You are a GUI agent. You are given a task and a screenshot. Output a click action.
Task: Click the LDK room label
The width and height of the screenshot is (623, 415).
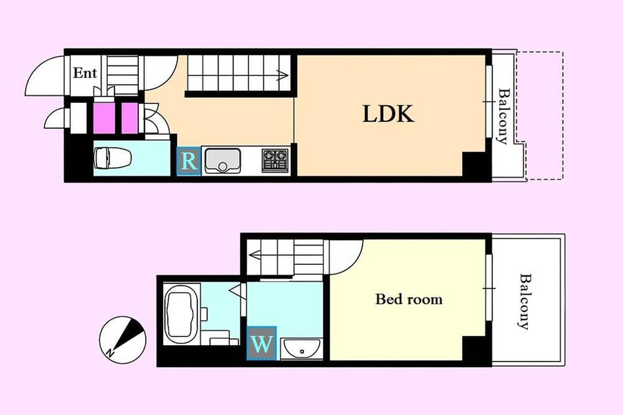pyautogui.click(x=388, y=113)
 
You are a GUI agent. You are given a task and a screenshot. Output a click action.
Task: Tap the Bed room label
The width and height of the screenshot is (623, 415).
pyautogui.click(x=409, y=299)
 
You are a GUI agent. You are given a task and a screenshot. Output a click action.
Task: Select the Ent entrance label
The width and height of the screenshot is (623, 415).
pyautogui.click(x=85, y=73)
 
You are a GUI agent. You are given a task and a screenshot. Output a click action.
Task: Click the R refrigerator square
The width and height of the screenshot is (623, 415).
pyautogui.click(x=188, y=161)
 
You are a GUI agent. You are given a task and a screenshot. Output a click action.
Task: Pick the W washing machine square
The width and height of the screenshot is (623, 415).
pyautogui.click(x=262, y=343)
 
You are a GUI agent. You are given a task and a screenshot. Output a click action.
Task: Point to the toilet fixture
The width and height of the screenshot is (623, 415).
pyautogui.click(x=113, y=158)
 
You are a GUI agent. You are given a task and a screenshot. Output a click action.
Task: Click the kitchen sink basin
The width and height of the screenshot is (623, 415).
pyautogui.click(x=222, y=161)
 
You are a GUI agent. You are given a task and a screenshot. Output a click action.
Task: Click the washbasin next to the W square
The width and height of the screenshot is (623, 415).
pyautogui.click(x=302, y=348)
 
